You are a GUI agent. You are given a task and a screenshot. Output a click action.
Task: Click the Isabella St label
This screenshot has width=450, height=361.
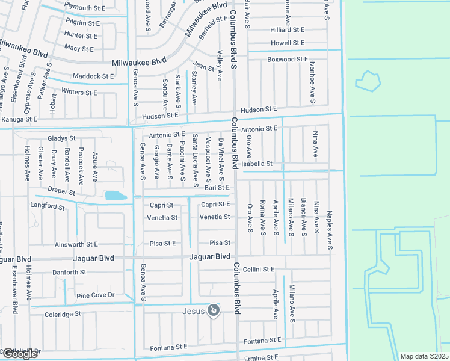pos(257,164)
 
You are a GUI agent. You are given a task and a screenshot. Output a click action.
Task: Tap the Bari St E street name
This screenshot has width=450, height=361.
pos(218,188)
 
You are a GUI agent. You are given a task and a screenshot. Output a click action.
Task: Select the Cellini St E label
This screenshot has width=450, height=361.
pos(260,269)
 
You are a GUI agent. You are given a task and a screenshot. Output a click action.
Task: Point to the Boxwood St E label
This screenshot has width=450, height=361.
pos(288,60)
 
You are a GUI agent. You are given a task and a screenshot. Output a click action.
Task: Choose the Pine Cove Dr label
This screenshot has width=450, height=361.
pos(95,295)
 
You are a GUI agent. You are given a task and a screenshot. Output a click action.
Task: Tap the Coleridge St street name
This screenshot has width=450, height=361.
pos(63,314)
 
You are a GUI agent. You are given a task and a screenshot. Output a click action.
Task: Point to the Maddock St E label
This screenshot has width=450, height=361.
pos(93,76)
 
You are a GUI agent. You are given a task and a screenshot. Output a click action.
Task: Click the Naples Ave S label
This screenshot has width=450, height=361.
pos(330,231)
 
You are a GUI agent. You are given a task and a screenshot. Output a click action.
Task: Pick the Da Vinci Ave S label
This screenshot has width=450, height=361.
pos(221,160)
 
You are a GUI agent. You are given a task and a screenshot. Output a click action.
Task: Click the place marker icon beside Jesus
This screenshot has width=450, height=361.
pos(213,310)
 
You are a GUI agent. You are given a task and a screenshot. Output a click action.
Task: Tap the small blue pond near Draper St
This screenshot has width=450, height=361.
pos(115,196)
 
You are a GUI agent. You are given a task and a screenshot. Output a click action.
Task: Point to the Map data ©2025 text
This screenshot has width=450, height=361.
pos(425,356)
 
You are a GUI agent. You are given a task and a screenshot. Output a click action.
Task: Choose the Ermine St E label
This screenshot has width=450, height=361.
pos(260,358)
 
